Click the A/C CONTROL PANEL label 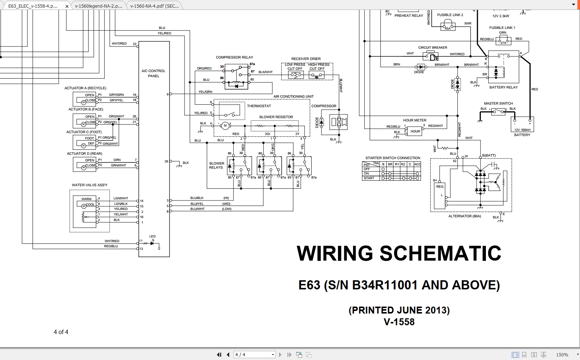pyautogui.click(x=153, y=73)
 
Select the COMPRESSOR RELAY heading pyautogui.click(x=234, y=57)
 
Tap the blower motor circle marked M pyautogui.click(x=225, y=126)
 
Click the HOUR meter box pyautogui.click(x=415, y=131)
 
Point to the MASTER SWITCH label pyautogui.click(x=498, y=104)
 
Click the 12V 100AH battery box pyautogui.click(x=522, y=125)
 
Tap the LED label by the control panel pyautogui.click(x=152, y=236)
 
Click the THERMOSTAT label pyautogui.click(x=259, y=106)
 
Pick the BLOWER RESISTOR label pyautogui.click(x=276, y=117)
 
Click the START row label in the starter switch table pyautogui.click(x=369, y=178)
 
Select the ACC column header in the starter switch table pyautogui.click(x=417, y=164)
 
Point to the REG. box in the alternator pyautogui.click(x=440, y=187)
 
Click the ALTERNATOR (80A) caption pyautogui.click(x=465, y=216)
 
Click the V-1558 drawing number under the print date pyautogui.click(x=399, y=322)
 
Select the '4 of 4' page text pyautogui.click(x=61, y=332)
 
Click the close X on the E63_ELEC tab pyautogui.click(x=67, y=6)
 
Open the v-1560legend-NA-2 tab pyautogui.click(x=98, y=6)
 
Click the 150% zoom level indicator pyautogui.click(x=562, y=355)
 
